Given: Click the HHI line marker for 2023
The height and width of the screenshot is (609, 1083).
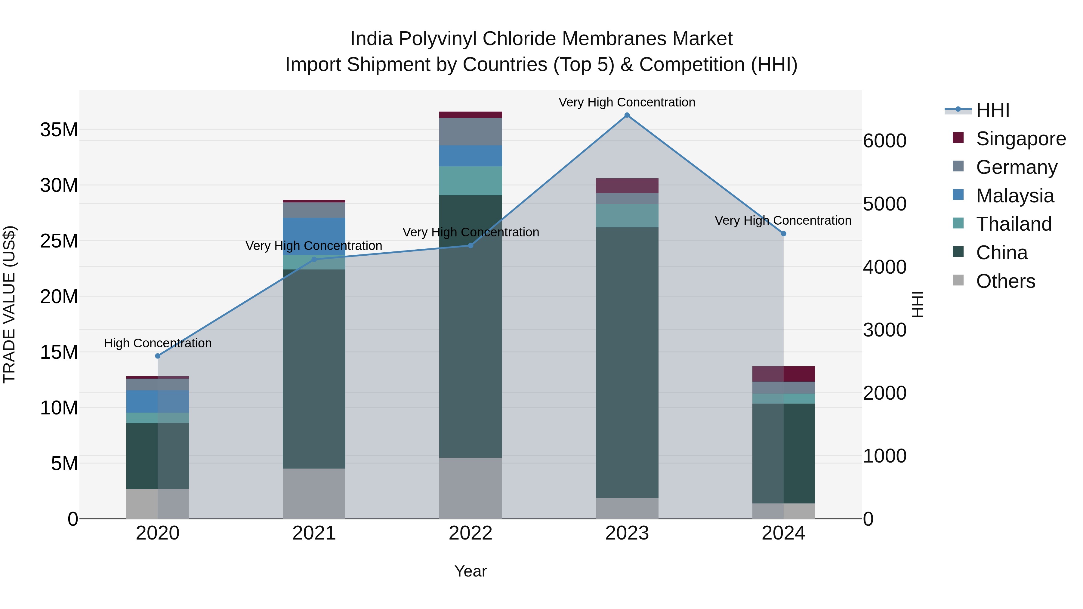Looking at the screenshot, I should pyautogui.click(x=627, y=115).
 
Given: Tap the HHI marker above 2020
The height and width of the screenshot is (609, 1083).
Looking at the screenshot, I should pyautogui.click(x=158, y=356).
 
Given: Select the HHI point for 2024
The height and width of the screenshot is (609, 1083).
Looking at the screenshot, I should pyautogui.click(x=783, y=234).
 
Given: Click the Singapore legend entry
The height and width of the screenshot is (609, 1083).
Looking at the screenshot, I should pyautogui.click(x=1020, y=139).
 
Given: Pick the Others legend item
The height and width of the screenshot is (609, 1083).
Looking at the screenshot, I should pyautogui.click(x=1005, y=281).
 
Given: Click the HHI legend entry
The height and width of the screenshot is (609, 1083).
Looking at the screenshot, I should pyautogui.click(x=992, y=110).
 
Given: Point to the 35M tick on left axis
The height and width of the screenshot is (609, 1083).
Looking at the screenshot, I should pyautogui.click(x=59, y=130).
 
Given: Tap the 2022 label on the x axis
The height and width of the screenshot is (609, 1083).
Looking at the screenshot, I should pyautogui.click(x=471, y=533).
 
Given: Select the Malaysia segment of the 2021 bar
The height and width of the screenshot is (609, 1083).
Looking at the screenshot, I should pyautogui.click(x=314, y=236).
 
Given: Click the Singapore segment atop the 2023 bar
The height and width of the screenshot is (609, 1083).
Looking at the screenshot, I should pyautogui.click(x=627, y=186).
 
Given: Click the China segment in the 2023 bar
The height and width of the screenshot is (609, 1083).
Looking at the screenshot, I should pyautogui.click(x=627, y=362).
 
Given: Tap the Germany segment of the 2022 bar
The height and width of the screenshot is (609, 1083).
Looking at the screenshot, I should pyautogui.click(x=471, y=131).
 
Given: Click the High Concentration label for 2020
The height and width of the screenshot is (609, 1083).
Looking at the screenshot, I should pyautogui.click(x=158, y=343).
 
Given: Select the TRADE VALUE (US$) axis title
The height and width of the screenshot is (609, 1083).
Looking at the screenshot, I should pyautogui.click(x=9, y=304).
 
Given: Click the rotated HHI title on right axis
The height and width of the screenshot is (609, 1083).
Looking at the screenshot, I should pyautogui.click(x=918, y=304).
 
